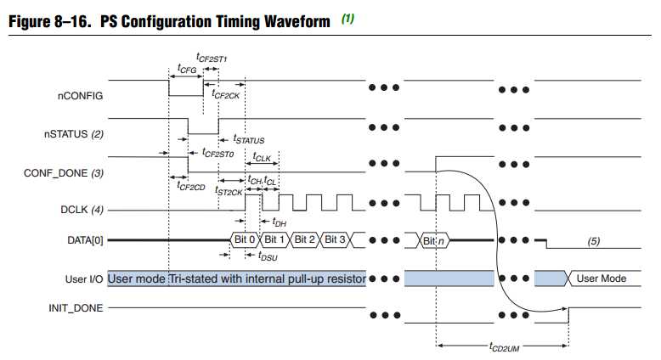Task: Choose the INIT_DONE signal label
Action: (77, 308)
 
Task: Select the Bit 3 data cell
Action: (336, 240)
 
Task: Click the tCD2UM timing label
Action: (504, 348)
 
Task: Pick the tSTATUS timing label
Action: (248, 139)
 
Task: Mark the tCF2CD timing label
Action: (191, 185)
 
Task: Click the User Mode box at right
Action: (602, 278)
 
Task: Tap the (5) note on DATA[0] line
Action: (593, 241)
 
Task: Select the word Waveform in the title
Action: (292, 21)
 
